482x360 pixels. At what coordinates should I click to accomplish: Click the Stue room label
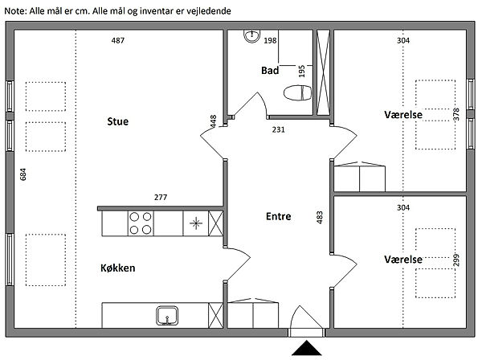118,121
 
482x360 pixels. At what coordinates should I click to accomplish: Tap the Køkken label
118,268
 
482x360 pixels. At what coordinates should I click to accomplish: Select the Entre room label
279,216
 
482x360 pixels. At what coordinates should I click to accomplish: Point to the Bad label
270,71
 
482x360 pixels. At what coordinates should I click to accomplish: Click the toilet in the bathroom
297,92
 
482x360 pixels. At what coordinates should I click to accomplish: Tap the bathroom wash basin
252,35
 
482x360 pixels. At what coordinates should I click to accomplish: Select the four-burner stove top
141,223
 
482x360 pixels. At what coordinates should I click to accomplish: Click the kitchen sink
167,316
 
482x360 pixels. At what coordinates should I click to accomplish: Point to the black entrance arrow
307,348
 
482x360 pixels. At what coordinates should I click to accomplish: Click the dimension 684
23,174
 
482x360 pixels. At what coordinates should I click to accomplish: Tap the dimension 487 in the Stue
118,40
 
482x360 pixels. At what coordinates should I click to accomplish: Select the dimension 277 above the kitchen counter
161,197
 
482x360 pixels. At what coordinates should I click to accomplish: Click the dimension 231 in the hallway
278,129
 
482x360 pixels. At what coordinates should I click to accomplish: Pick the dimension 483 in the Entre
320,217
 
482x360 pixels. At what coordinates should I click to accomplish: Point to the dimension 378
456,114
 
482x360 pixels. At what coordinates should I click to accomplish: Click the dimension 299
456,260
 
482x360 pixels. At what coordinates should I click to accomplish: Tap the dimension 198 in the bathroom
270,40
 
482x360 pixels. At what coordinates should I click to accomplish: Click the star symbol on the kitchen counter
196,223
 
